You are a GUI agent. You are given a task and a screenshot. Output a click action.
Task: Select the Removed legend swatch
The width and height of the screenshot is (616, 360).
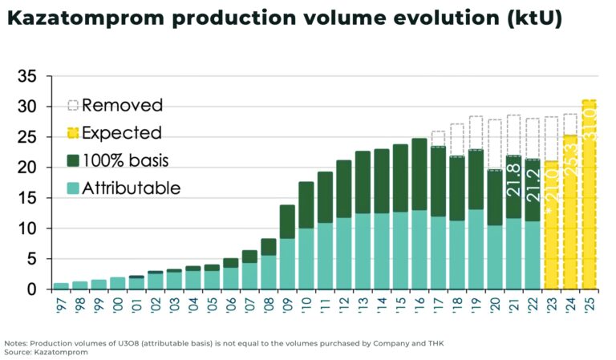coord(72,106)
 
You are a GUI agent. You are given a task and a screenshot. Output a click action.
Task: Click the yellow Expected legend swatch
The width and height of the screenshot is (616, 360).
coord(72,133)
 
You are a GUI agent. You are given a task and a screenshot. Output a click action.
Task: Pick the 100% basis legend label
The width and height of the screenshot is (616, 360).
coord(128,160)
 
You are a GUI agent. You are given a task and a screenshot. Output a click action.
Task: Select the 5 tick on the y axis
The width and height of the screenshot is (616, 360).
coord(34,258)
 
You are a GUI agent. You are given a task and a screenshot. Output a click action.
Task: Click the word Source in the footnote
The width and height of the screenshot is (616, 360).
coord(18,351)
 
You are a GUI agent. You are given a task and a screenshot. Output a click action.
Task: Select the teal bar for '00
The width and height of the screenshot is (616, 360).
coord(118,283)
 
